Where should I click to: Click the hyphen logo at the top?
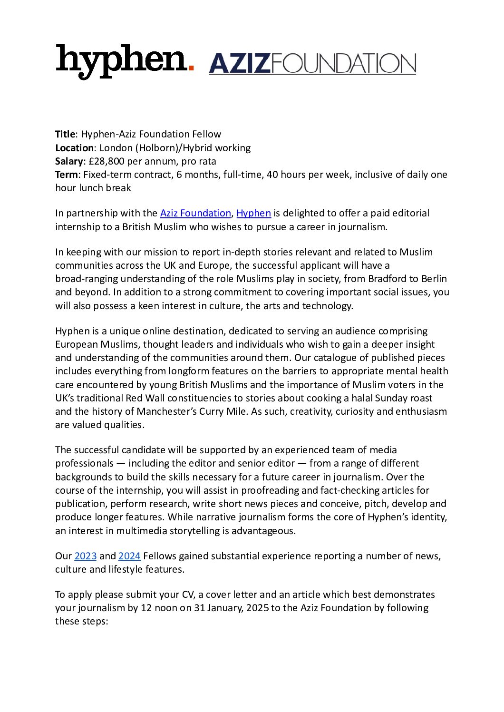pos(121,61)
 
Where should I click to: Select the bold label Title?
pos(65,134)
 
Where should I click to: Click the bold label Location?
pos(74,148)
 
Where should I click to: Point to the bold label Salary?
pos(68,161)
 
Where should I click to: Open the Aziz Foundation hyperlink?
pos(195,213)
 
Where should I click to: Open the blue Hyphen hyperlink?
pos(253,213)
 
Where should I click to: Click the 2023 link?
pos(86,556)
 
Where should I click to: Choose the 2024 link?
pos(129,556)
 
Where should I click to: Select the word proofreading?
pos(271,490)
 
